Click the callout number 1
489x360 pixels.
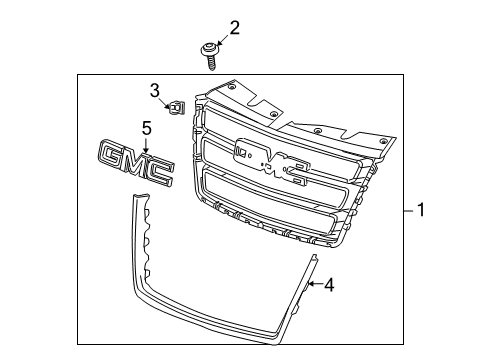tap(423, 211)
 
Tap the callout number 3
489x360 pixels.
tap(156, 92)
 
